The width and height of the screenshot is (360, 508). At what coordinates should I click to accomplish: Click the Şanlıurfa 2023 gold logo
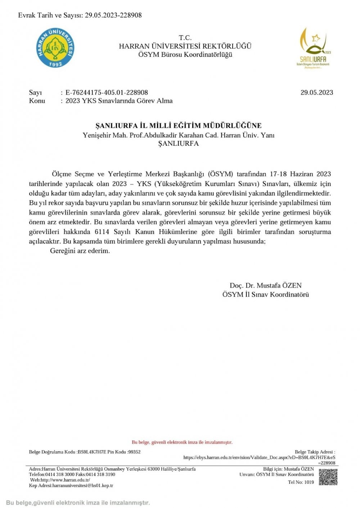[313, 47]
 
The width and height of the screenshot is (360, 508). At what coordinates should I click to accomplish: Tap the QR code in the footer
[328, 477]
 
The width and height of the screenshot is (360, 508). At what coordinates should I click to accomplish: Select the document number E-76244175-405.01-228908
[107, 92]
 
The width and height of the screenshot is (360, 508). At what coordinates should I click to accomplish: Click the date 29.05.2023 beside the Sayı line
[317, 92]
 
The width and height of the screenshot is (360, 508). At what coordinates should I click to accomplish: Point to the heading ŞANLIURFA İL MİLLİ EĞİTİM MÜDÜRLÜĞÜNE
[178, 126]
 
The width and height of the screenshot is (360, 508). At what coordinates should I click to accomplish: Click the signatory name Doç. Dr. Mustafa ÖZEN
[265, 286]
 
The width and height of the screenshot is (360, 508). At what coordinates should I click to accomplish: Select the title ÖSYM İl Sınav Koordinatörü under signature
[265, 295]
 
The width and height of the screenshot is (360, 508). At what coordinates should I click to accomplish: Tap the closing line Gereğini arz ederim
[80, 251]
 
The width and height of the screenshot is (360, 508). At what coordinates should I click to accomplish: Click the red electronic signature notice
[182, 442]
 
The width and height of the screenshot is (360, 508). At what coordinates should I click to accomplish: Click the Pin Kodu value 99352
[134, 452]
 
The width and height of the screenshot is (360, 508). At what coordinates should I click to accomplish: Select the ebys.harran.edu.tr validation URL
[259, 458]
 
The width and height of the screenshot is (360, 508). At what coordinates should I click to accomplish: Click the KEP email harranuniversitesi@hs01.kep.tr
[82, 486]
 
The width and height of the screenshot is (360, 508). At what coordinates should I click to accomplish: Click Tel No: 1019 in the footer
[301, 482]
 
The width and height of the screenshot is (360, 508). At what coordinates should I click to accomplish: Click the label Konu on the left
[37, 101]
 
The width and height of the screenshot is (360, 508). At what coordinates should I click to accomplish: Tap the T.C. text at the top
[185, 38]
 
